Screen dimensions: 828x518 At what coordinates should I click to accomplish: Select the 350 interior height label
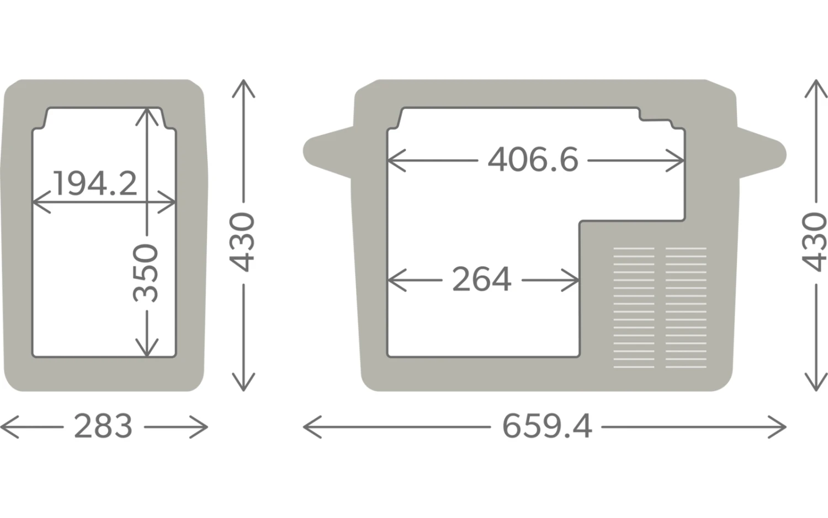pos(146,273)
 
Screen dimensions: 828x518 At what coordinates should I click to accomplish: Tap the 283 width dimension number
pos(103,426)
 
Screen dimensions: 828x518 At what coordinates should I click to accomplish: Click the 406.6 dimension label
pos(533,160)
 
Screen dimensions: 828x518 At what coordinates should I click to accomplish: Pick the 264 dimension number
pos(482,279)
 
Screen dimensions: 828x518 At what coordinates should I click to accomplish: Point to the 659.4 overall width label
pos(546,426)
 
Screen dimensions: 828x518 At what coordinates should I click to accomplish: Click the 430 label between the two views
pos(242,242)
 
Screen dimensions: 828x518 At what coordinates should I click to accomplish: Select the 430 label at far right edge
pos(814,242)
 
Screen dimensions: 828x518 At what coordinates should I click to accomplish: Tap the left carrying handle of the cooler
pos(328,152)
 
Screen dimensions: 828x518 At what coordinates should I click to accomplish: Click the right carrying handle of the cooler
pos(761,153)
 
